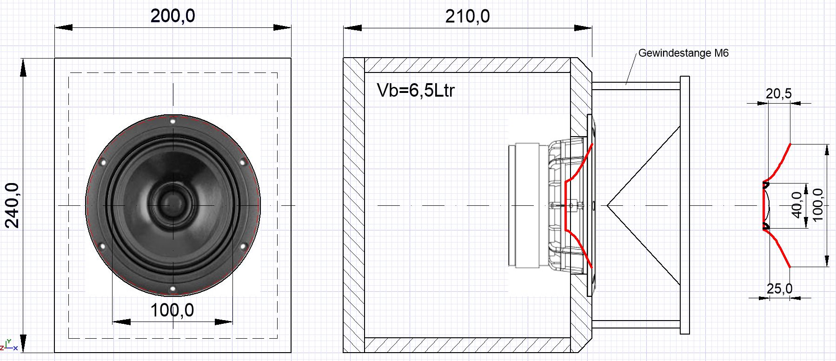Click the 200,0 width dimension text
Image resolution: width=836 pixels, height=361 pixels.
coord(173,16)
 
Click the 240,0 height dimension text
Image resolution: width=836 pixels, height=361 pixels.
coord(13,205)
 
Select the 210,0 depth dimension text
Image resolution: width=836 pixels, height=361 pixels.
coord(467,17)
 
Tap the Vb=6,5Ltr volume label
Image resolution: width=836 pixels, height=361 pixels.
coord(416,90)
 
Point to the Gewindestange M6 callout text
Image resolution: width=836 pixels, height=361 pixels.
coord(683,53)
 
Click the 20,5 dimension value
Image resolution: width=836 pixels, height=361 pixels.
coord(778,94)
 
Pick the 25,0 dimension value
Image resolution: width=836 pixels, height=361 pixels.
coord(779,289)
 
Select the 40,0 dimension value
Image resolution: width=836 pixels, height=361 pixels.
coord(797,205)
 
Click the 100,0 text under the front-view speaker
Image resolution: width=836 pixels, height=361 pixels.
coord(172,310)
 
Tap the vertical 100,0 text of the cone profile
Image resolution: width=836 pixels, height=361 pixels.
coord(817,205)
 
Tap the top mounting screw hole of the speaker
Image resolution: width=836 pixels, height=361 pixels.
coord(173,121)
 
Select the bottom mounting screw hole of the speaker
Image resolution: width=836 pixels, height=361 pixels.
coord(173,289)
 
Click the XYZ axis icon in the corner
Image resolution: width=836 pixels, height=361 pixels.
coord(8,345)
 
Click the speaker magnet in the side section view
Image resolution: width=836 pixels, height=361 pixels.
coord(528,205)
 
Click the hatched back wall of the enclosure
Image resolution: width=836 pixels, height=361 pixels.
coord(354,205)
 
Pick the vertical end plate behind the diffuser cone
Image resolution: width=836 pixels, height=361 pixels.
coord(684,205)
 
